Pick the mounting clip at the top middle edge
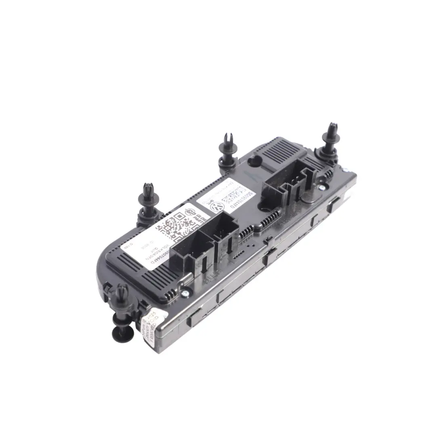227,151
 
